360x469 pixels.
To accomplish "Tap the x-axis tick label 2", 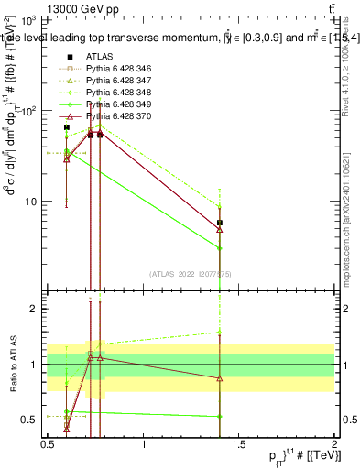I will pyautogui.click(x=335, y=444).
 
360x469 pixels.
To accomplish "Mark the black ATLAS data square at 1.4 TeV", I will pyautogui.click(x=220, y=223).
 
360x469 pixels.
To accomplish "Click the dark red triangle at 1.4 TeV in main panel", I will pyautogui.click(x=220, y=229).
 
